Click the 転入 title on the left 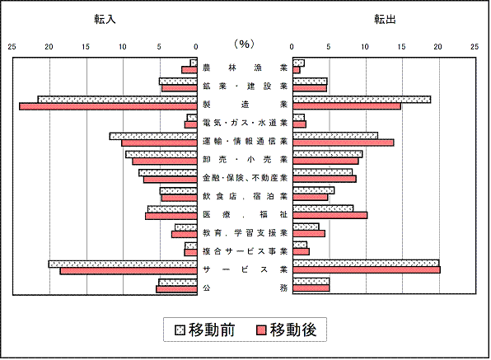click(x=105, y=20)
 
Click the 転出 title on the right click(x=385, y=20)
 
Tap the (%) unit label click(x=244, y=44)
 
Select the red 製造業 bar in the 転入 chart click(x=108, y=106)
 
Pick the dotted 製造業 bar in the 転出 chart click(x=362, y=100)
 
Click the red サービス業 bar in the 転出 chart click(x=367, y=270)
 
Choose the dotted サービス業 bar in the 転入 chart click(x=123, y=264)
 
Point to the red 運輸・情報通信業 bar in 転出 click(x=344, y=143)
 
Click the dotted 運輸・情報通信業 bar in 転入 click(x=153, y=136)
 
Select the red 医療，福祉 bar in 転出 click(x=330, y=215)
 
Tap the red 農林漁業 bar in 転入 click(x=189, y=70)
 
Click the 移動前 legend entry click(x=205, y=330)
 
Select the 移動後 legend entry click(x=287, y=330)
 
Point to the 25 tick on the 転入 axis click(x=12, y=47)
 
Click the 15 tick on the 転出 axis click(x=401, y=47)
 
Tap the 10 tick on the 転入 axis click(x=123, y=47)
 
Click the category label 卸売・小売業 click(x=245, y=159)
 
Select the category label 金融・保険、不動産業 click(x=245, y=178)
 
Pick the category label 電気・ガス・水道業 click(x=245, y=123)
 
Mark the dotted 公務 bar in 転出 click(x=311, y=281)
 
